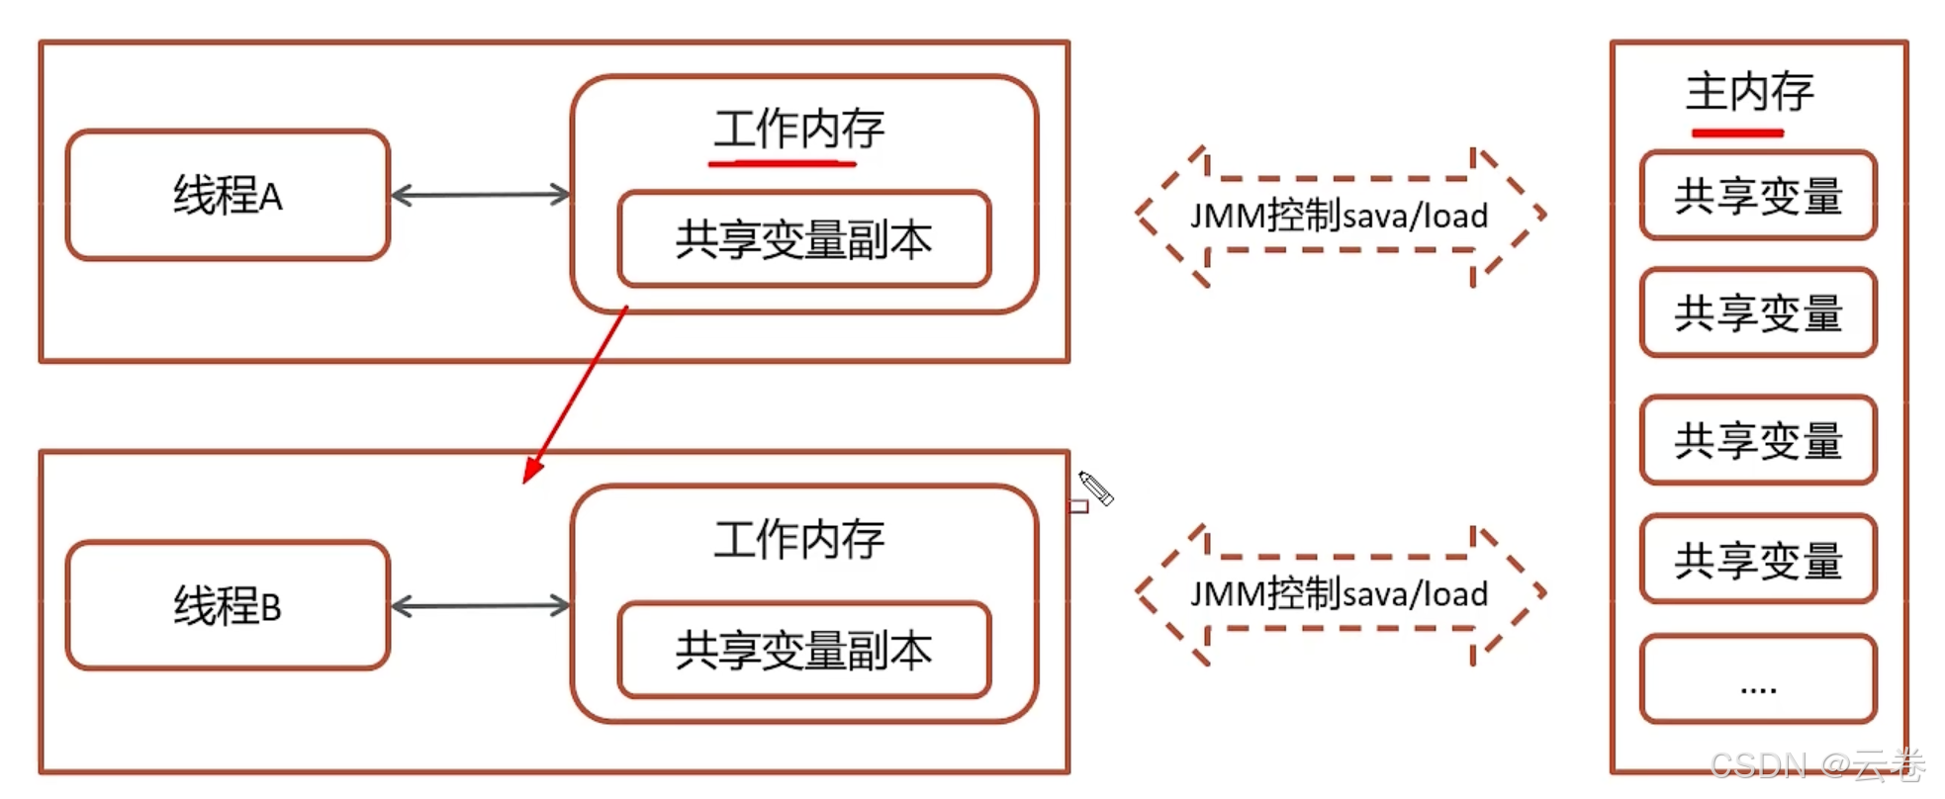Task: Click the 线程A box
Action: coord(228,195)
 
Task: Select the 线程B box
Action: coord(228,605)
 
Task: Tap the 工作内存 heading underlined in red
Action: coord(798,130)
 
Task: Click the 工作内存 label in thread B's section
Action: coord(798,540)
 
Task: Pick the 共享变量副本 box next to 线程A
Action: coord(803,239)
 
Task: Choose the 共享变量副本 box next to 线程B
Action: coord(803,650)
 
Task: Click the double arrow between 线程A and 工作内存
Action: coord(481,195)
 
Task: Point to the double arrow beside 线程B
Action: coord(481,605)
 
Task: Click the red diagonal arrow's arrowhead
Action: coord(533,469)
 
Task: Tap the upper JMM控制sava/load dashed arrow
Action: coord(1339,216)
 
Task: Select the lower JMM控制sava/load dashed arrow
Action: coord(1339,594)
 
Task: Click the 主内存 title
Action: coord(1749,92)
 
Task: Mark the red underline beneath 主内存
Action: coord(1737,133)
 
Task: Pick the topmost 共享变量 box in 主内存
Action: coord(1758,195)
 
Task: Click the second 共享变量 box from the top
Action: coord(1758,312)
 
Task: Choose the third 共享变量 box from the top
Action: coord(1758,440)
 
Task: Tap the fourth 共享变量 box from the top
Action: coord(1758,559)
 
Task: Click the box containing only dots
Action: coord(1758,679)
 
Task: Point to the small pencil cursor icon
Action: coord(1095,488)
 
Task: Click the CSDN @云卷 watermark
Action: coord(1816,764)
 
